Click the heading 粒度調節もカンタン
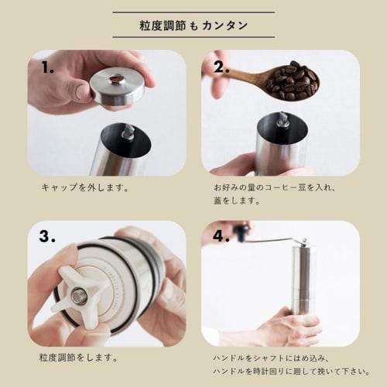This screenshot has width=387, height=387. tap(193, 25)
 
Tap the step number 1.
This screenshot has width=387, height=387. tap(48, 67)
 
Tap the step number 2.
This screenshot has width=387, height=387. tap(222, 67)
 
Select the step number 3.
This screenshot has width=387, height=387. tap(48, 238)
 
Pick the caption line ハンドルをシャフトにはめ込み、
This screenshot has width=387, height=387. tap(275, 358)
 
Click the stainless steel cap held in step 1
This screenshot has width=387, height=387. tap(116, 87)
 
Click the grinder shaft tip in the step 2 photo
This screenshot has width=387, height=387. tap(283, 121)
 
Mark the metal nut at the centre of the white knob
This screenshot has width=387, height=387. tap(77, 295)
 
